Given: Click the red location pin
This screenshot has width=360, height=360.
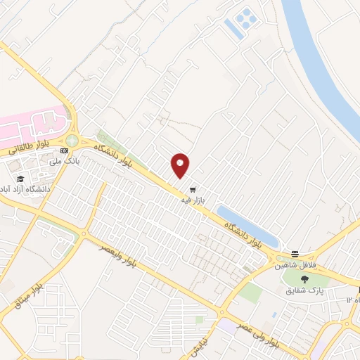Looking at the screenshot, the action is click(181, 165).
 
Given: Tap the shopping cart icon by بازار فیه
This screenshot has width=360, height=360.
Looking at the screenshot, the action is click(193, 190).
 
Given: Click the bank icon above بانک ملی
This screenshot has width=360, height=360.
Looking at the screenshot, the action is click(65, 150).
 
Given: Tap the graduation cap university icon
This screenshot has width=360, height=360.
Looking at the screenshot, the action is click(21, 179).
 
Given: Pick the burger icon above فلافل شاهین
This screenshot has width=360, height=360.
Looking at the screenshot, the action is click(295, 254).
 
